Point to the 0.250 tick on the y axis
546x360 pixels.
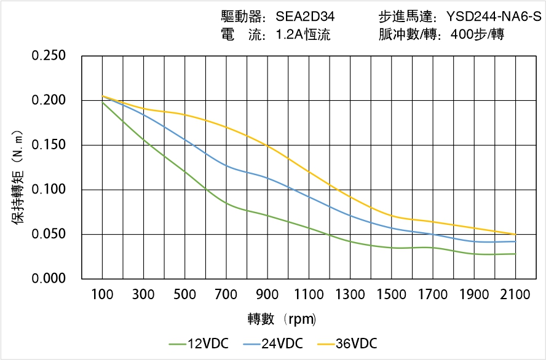[49, 56]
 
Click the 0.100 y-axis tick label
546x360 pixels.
[49, 189]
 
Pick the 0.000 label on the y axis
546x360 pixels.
[49, 278]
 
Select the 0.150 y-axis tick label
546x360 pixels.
[49, 145]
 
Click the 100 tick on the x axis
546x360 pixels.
[102, 295]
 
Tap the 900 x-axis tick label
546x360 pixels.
[267, 295]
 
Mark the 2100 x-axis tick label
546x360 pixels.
[515, 295]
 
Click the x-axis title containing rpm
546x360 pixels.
[282, 319]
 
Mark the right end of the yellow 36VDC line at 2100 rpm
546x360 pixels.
[515, 234]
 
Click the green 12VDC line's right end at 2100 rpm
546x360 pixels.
[515, 254]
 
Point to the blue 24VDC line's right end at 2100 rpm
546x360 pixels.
[515, 241]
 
